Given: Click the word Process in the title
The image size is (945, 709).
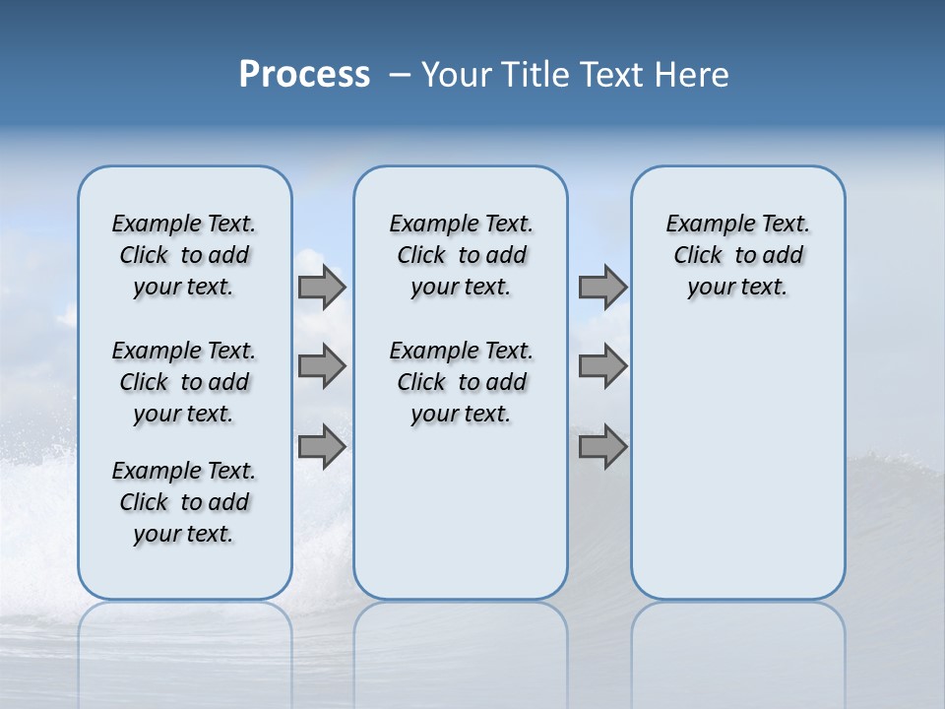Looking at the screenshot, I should [x=304, y=75].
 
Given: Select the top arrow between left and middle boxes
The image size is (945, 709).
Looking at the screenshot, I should [x=322, y=288].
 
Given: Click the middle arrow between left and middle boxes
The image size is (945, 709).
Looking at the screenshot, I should [x=322, y=366].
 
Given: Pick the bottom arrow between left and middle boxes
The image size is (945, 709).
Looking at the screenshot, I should [x=322, y=446].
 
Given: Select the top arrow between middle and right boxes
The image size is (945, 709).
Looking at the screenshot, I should [x=602, y=288].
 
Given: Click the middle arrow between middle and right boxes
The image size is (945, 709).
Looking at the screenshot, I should [x=602, y=366].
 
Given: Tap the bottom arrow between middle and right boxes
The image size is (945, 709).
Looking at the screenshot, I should [x=602, y=446].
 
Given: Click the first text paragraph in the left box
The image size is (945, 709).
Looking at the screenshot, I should [x=184, y=255].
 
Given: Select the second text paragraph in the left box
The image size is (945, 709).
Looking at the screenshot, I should [x=184, y=382].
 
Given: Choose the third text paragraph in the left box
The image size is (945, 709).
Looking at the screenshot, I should [x=184, y=502].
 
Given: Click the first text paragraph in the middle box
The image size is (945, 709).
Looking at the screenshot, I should [x=461, y=255].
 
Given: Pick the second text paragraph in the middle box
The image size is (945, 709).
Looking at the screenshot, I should [x=461, y=382].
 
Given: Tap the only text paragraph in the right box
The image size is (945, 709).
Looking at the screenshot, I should [x=737, y=255].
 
